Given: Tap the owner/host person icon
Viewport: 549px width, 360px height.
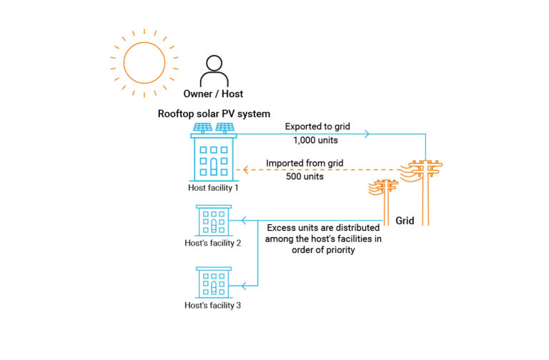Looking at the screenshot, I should pyautogui.click(x=214, y=71).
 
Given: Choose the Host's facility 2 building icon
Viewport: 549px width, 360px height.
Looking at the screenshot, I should pyautogui.click(x=214, y=221).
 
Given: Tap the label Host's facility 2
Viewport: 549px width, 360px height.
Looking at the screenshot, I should pyautogui.click(x=213, y=243).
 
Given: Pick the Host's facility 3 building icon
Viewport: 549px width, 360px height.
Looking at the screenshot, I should pyautogui.click(x=214, y=284).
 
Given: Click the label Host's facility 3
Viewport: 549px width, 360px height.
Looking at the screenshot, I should pyautogui.click(x=213, y=306).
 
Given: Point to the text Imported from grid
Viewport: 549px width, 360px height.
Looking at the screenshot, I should pyautogui.click(x=305, y=163).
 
